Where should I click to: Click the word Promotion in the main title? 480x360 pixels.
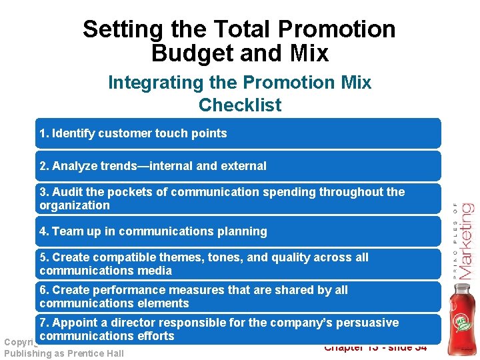(337, 29)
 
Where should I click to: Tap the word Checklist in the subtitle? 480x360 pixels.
(240, 105)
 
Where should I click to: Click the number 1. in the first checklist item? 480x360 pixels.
(44, 133)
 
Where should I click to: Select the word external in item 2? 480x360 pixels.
(244, 166)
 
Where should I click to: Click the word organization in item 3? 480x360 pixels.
(75, 205)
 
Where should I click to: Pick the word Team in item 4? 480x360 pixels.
(67, 231)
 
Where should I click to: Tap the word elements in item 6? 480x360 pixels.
(164, 303)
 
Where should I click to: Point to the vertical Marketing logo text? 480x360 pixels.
(465, 240)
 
